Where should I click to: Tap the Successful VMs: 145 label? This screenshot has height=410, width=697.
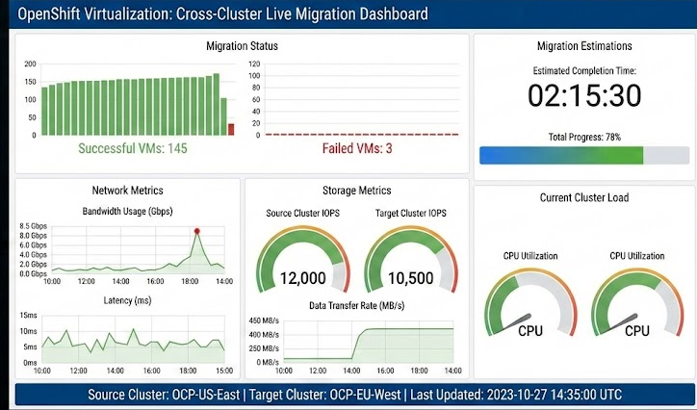[x=132, y=149]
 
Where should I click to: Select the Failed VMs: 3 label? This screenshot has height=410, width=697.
[x=357, y=149]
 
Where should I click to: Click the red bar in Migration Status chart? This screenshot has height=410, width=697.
[x=231, y=129]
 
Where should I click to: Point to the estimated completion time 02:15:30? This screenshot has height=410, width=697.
[x=584, y=95]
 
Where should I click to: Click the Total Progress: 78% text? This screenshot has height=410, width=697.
[x=584, y=138]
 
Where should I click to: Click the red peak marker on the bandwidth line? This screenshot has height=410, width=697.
[x=197, y=230]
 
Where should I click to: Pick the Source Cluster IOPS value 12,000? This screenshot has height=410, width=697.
[x=302, y=278]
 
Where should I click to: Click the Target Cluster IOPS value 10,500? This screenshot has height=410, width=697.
[x=410, y=278]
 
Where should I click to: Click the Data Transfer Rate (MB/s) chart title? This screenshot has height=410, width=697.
[x=356, y=304]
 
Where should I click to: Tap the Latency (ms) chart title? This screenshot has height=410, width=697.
[x=128, y=301]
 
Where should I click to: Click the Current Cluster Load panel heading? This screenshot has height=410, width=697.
[x=584, y=197]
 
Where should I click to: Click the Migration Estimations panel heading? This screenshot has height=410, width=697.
[x=584, y=45]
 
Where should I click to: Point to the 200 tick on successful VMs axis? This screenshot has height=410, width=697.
[x=30, y=64]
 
